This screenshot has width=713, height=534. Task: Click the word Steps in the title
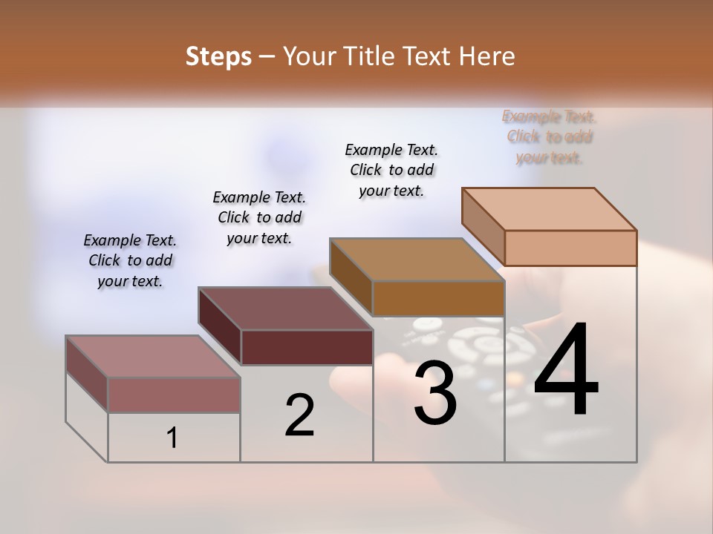[x=218, y=56]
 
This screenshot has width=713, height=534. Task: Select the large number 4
[x=566, y=371]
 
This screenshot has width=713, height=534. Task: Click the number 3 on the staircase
[x=434, y=394]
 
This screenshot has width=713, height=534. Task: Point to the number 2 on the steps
[x=299, y=415]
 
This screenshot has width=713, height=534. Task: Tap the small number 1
[x=172, y=438]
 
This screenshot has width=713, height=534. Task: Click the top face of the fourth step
[x=550, y=209]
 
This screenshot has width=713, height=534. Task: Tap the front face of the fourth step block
[x=570, y=248]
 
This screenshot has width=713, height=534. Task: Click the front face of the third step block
[x=438, y=298]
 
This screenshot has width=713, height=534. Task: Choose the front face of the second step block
[x=307, y=347]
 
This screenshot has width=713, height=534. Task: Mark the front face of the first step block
[x=174, y=395]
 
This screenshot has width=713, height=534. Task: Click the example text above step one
[x=130, y=260]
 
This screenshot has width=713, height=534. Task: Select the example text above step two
[x=259, y=217]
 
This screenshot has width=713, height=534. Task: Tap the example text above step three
[x=391, y=170]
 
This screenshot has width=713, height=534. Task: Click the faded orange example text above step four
[x=549, y=136]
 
